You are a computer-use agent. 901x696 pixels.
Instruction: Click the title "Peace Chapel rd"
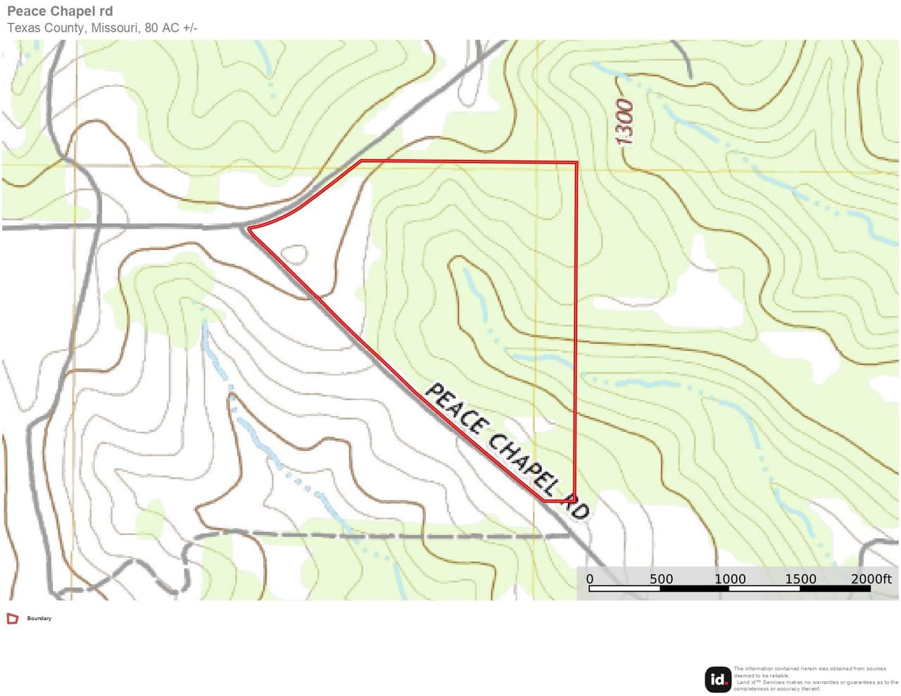point(60,11)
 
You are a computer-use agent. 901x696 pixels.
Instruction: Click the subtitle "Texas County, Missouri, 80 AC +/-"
point(102,28)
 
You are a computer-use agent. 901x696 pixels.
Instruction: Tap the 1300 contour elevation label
point(624,122)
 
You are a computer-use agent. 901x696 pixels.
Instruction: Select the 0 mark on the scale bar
point(590,579)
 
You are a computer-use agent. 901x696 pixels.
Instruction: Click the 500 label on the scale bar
point(661,579)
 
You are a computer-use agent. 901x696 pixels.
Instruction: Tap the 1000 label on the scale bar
point(730,579)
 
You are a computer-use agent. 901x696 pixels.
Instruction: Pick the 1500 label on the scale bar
point(800,579)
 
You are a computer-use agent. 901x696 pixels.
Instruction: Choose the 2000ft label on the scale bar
point(871,579)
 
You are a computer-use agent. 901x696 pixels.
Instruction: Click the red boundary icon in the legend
point(13,619)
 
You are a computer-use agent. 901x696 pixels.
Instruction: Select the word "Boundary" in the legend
point(39,619)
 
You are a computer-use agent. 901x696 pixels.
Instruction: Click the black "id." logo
point(718,679)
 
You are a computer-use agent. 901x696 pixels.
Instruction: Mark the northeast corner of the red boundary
point(576,163)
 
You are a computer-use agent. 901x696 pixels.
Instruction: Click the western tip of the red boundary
point(249,229)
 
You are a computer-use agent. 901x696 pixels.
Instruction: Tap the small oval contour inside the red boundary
point(294,254)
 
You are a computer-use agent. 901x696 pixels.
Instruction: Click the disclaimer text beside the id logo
point(815,678)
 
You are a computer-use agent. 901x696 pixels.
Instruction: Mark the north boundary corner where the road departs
point(362,161)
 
